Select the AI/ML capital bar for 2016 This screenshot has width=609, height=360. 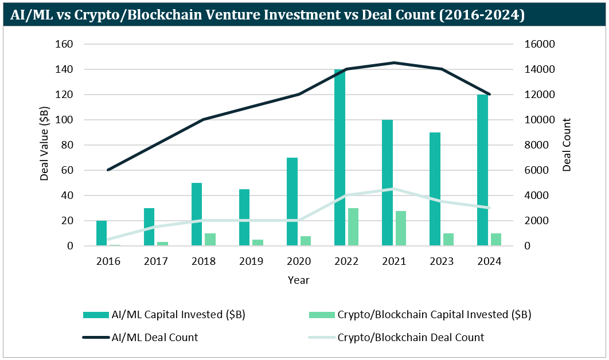[101, 233]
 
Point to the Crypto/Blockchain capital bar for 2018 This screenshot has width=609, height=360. [210, 240]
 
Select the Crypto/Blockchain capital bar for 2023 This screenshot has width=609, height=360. [448, 240]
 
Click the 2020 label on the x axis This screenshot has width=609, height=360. [299, 261]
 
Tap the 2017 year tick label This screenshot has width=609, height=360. [156, 261]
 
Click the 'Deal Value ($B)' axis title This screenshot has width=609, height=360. [45, 145]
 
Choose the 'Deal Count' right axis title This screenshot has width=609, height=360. [567, 145]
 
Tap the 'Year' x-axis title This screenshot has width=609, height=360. [299, 280]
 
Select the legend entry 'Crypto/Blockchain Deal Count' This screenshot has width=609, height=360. [411, 338]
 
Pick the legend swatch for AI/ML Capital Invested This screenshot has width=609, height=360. [95, 315]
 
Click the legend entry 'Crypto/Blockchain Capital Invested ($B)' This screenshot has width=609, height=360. [434, 315]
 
